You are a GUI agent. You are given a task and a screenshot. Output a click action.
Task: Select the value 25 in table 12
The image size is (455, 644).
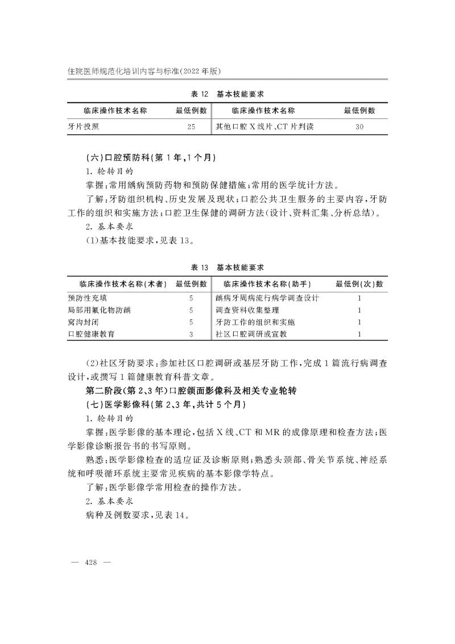(191, 127)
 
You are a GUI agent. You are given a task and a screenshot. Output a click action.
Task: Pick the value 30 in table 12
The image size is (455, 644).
(359, 127)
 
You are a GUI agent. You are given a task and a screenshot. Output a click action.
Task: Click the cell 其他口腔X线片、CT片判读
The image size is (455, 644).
(264, 127)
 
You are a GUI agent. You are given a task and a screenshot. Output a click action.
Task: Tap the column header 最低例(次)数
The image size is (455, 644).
(359, 284)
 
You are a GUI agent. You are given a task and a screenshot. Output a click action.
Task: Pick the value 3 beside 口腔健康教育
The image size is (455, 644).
(191, 334)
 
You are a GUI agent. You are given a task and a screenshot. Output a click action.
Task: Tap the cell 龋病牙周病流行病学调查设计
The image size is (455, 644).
(267, 298)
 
